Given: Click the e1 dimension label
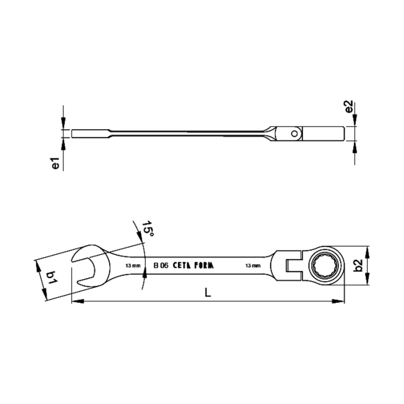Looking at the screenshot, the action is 56,163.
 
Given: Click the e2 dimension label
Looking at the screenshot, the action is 349,107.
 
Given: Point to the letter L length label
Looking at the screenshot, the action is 208,292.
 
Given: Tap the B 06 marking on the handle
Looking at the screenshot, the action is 161,266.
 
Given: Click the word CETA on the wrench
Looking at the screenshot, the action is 182,266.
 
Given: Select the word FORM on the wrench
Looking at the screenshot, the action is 204,266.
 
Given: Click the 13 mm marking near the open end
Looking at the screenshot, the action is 133,266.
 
